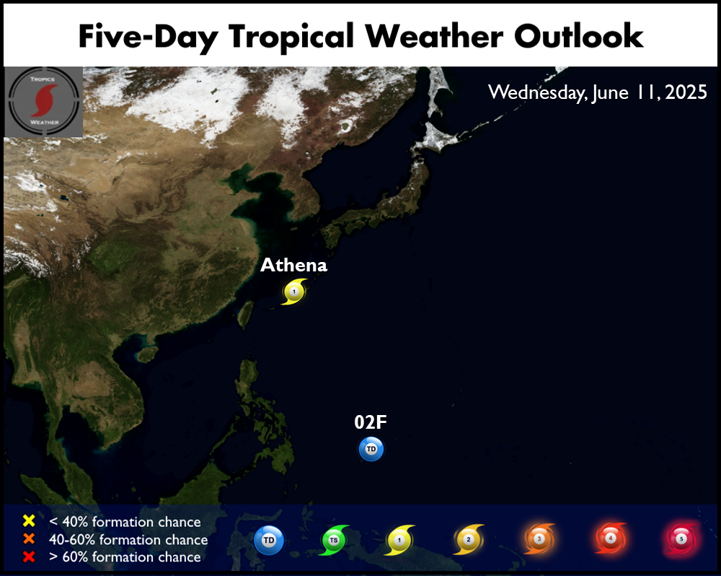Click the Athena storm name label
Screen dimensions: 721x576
[x=294, y=265]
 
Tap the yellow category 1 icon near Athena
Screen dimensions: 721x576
[x=294, y=292]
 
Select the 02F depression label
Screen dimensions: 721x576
[x=371, y=422]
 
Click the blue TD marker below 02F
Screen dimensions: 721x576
[x=371, y=449]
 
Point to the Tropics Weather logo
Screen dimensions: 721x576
[x=44, y=102]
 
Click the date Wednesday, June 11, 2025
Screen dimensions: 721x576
[x=597, y=92]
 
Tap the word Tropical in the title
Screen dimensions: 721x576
[x=291, y=37]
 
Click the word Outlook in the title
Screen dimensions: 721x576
[x=578, y=36]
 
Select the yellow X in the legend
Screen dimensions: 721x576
[x=29, y=520]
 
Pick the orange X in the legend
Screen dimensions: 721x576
[x=29, y=538]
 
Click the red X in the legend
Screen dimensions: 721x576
[x=29, y=557]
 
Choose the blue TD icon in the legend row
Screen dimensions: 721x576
[x=268, y=540]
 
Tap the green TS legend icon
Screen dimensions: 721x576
[x=335, y=540]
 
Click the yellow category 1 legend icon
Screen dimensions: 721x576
[x=399, y=540]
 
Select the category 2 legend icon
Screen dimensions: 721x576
[x=469, y=539]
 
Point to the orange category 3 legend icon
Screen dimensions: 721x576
[x=539, y=538]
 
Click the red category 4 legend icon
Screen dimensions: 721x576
[x=611, y=538]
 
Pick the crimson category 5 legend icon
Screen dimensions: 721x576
[x=681, y=538]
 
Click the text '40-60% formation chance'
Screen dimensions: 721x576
[x=128, y=540]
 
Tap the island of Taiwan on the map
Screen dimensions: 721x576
[x=246, y=315]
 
